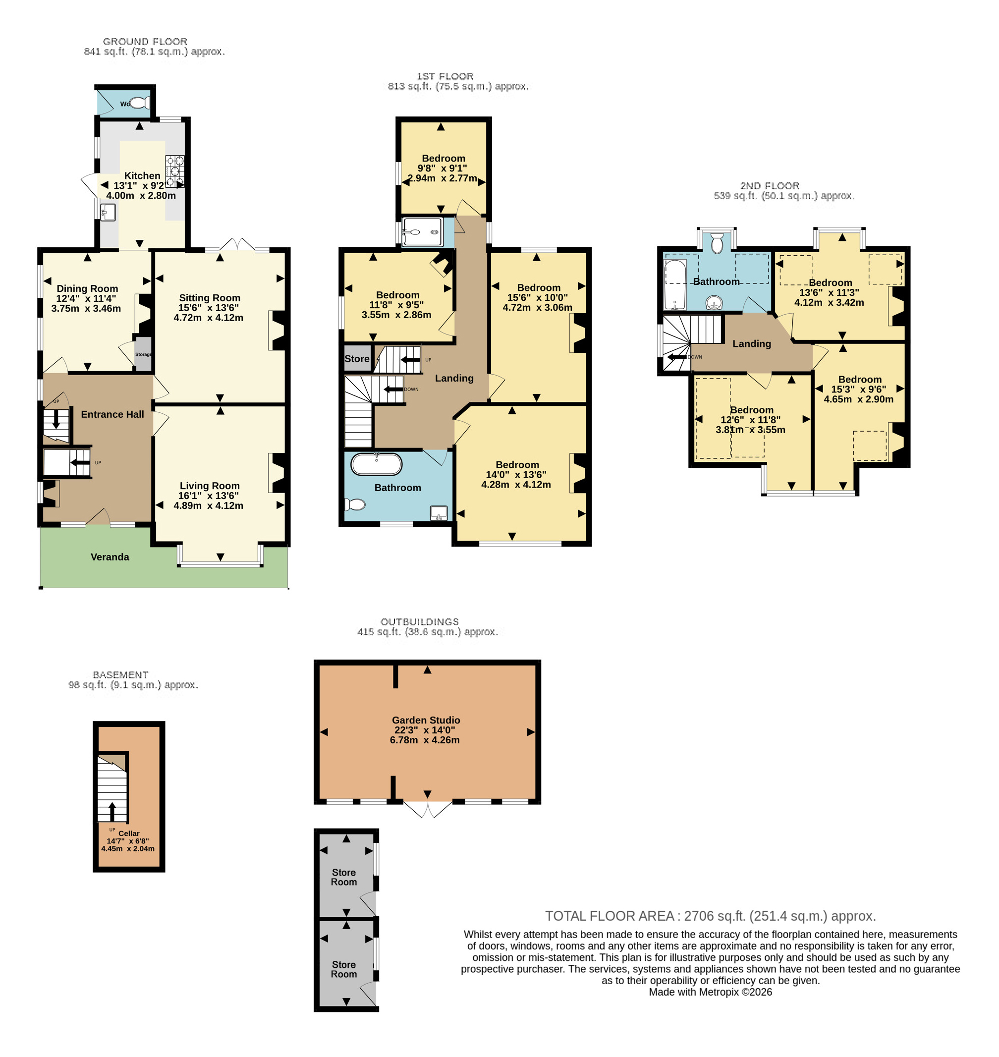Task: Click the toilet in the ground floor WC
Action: point(140,103)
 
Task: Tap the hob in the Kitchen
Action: point(174,171)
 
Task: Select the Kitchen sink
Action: point(108,213)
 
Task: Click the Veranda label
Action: point(110,557)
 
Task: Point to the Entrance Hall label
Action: point(112,414)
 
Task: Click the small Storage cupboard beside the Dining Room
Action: point(143,354)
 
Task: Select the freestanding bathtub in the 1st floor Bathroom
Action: point(377,464)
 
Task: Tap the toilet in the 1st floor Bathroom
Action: point(355,504)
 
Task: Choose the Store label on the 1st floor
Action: point(357,359)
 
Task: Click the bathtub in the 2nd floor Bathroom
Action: point(675,284)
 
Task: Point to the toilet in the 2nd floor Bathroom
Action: point(717,242)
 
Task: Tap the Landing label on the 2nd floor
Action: point(751,344)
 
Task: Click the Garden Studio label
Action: point(426,720)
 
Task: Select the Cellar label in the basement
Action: point(129,834)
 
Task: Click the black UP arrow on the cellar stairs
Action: point(112,812)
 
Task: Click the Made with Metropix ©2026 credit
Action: point(711,992)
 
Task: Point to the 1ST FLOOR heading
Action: point(445,76)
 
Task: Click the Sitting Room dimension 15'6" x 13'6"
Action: point(209,308)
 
